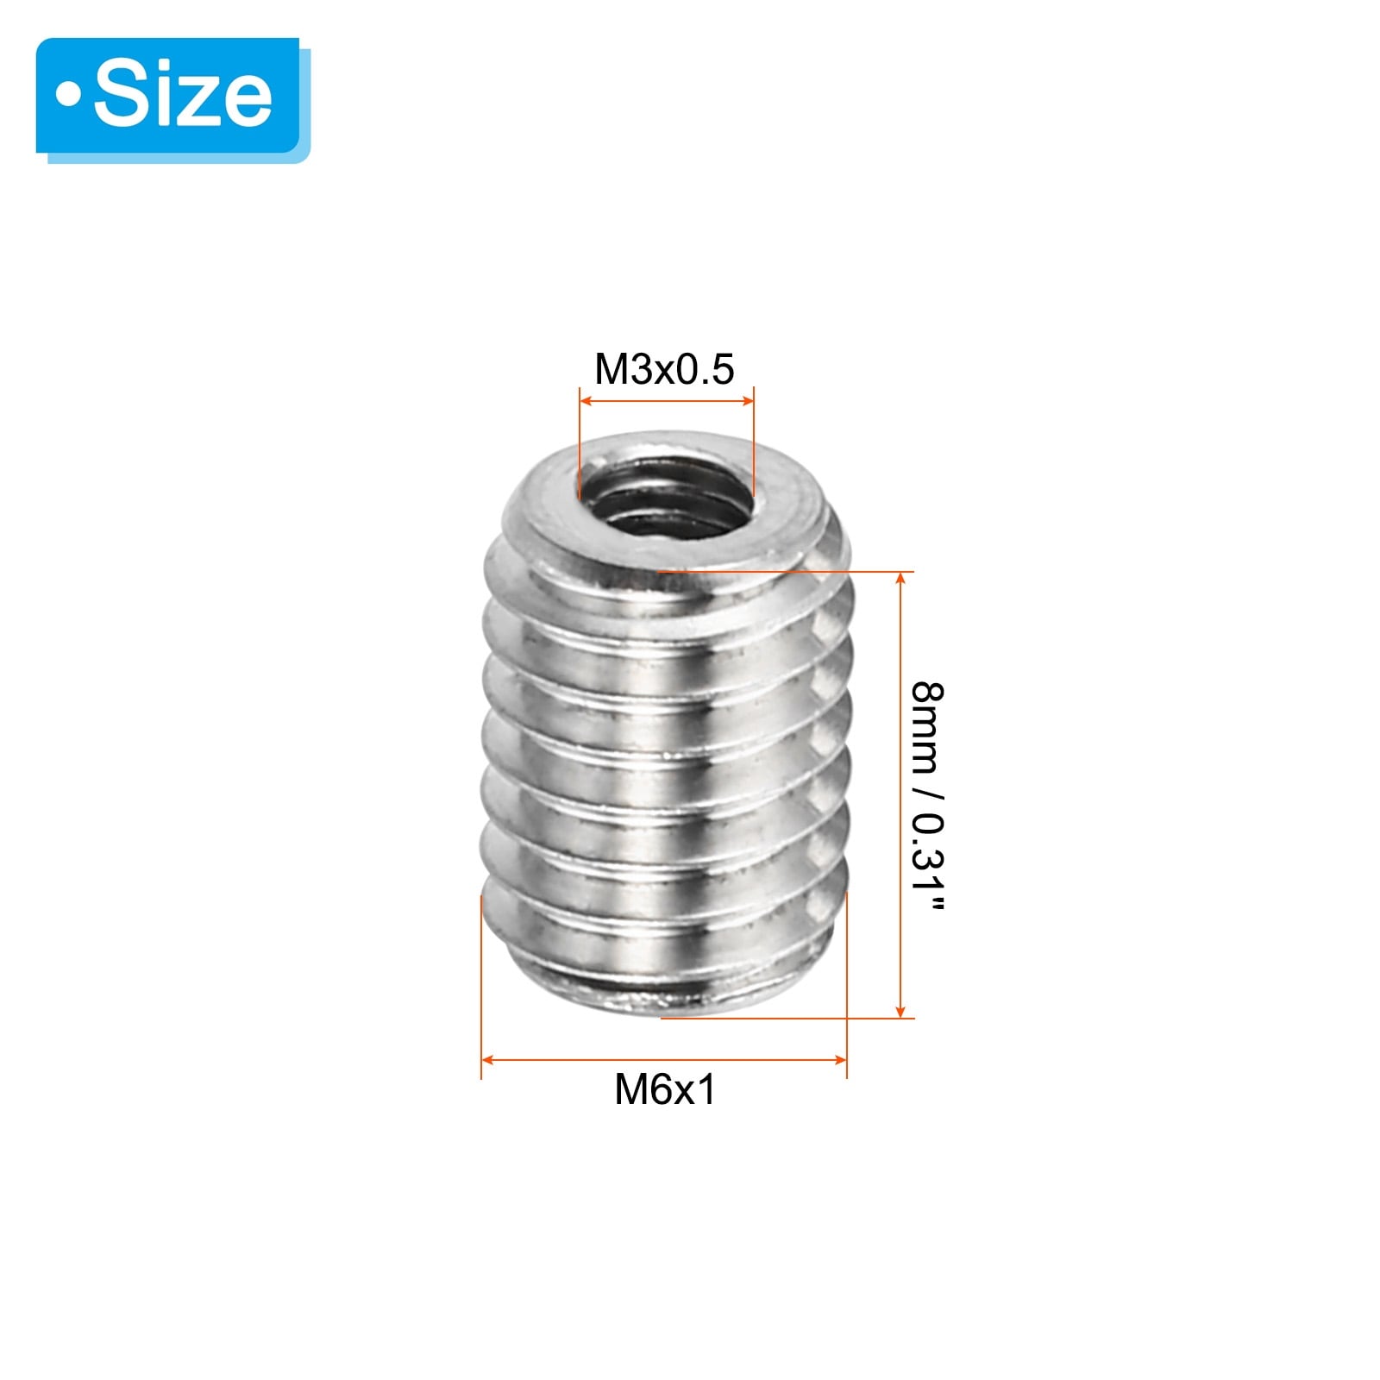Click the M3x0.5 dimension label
coord(664,369)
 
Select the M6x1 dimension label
coord(665,1089)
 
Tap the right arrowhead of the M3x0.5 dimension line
coord(747,400)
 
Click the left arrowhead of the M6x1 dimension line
coord(488,1059)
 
